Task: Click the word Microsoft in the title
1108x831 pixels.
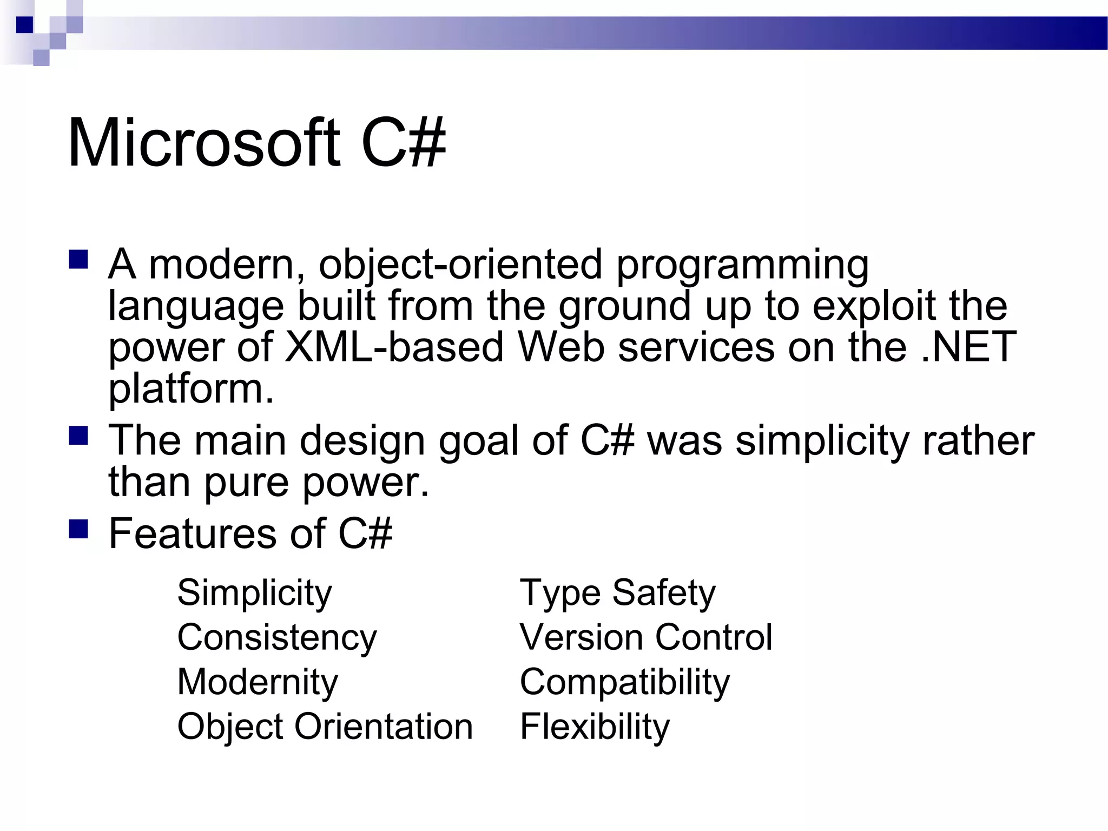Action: point(204,143)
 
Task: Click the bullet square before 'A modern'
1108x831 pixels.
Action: point(78,260)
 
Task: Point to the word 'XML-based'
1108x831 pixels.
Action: point(394,347)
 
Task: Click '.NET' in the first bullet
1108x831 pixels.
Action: point(968,347)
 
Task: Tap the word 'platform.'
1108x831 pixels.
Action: point(191,390)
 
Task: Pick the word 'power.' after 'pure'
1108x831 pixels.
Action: point(365,483)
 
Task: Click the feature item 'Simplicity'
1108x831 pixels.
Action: point(254,593)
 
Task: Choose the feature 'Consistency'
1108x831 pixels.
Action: point(277,638)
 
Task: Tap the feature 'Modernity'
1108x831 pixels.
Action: point(258,682)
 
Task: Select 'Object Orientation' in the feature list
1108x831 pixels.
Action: point(325,727)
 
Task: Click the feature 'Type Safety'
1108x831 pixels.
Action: point(617,593)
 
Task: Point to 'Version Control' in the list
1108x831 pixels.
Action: point(646,638)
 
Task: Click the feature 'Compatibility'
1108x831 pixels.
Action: point(625,682)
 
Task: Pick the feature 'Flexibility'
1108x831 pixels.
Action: point(595,727)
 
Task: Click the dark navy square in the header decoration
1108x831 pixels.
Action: point(24,25)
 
